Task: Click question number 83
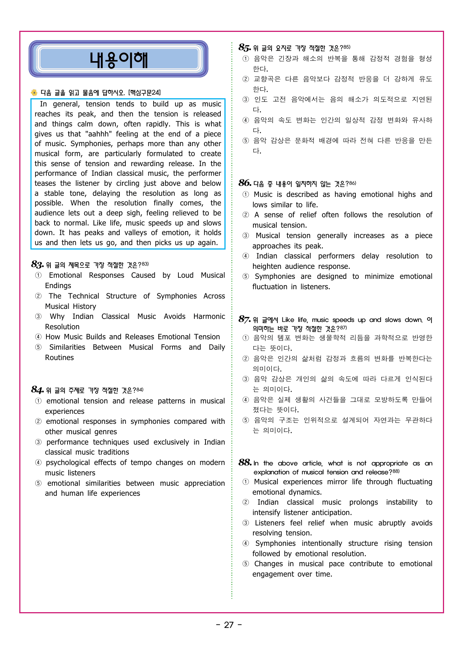coord(37,264)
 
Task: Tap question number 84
coord(37,390)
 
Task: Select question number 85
coord(245,48)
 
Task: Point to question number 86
coord(245,183)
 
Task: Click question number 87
coord(244,320)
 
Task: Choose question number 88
coord(245,463)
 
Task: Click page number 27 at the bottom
coord(229,625)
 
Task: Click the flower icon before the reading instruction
coord(34,92)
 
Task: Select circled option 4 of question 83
coord(38,337)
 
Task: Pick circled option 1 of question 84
coord(38,401)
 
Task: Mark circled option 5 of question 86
coord(246,277)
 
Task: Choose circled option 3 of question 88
coord(246,523)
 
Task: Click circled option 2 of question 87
coord(246,359)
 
